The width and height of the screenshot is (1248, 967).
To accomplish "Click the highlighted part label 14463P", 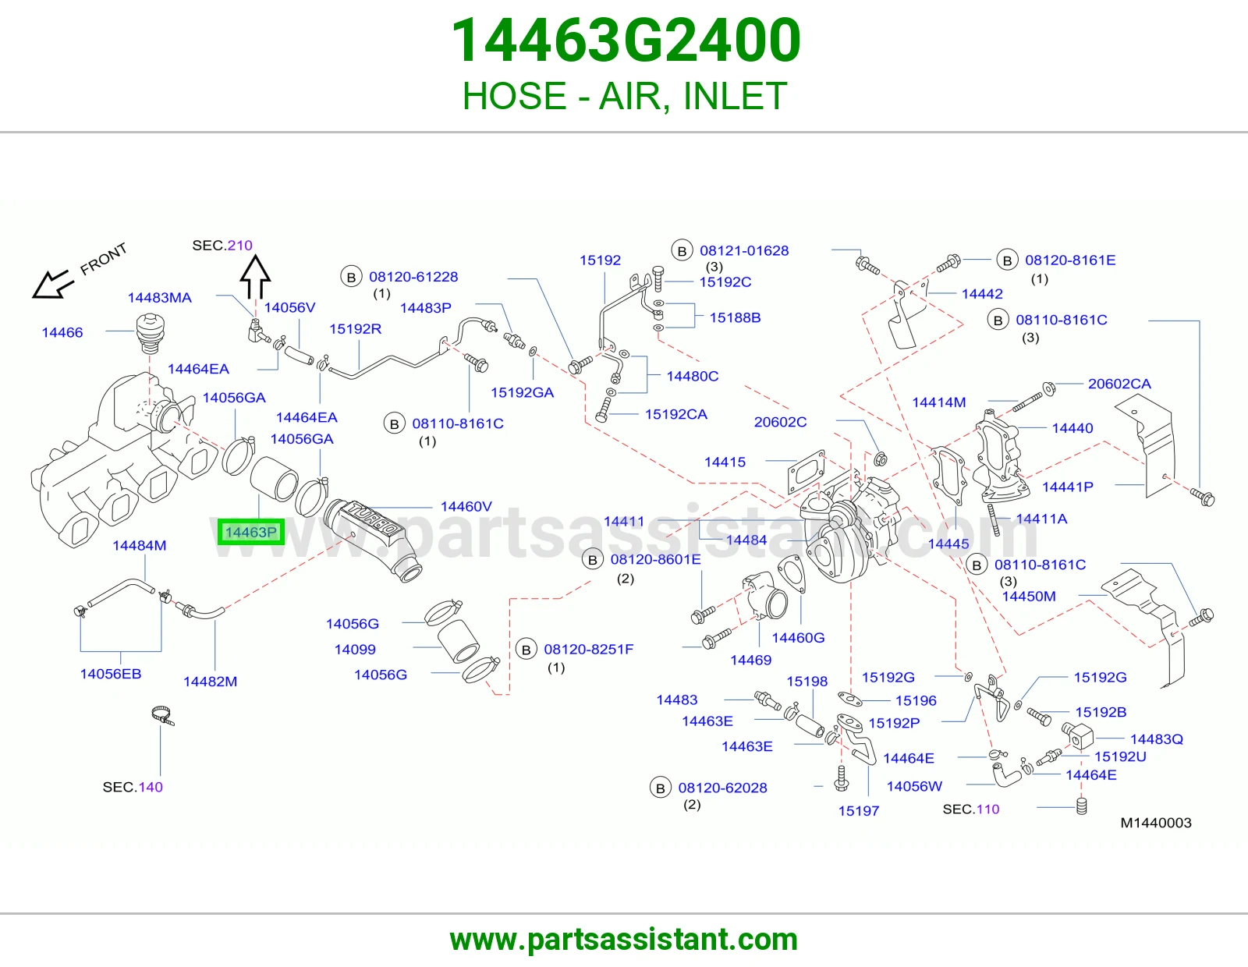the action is pyautogui.click(x=251, y=532).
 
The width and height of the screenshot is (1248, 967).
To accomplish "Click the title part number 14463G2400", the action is pyautogui.click(x=626, y=40).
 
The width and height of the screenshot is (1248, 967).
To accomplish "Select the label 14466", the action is pyautogui.click(x=62, y=332).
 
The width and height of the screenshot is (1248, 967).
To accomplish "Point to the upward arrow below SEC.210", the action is pyautogui.click(x=255, y=277).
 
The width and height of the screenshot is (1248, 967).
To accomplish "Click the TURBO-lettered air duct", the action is pyautogui.click(x=374, y=539).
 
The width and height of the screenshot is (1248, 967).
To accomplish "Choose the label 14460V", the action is pyautogui.click(x=466, y=506).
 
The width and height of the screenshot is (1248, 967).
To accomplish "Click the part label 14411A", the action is pyautogui.click(x=1041, y=519).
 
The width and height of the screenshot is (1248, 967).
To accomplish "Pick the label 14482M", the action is pyautogui.click(x=210, y=681).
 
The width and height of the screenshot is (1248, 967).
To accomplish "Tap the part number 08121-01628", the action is pyautogui.click(x=744, y=250).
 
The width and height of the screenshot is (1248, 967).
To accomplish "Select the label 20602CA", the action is pyautogui.click(x=1119, y=384).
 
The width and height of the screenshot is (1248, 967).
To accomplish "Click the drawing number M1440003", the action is pyautogui.click(x=1155, y=822).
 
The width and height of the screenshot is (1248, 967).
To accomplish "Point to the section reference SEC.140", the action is pyautogui.click(x=133, y=787).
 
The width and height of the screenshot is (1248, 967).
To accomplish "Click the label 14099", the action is pyautogui.click(x=355, y=649).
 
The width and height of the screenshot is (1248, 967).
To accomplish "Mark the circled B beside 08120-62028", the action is pyautogui.click(x=660, y=788).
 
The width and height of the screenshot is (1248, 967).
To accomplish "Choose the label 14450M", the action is pyautogui.click(x=1029, y=596).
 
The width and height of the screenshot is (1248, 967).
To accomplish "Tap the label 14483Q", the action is pyautogui.click(x=1157, y=739).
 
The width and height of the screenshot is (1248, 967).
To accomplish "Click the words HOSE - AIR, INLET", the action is pyautogui.click(x=624, y=96).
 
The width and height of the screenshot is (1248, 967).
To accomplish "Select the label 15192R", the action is pyautogui.click(x=355, y=328).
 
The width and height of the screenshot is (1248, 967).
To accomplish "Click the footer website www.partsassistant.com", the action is pyautogui.click(x=624, y=940).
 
